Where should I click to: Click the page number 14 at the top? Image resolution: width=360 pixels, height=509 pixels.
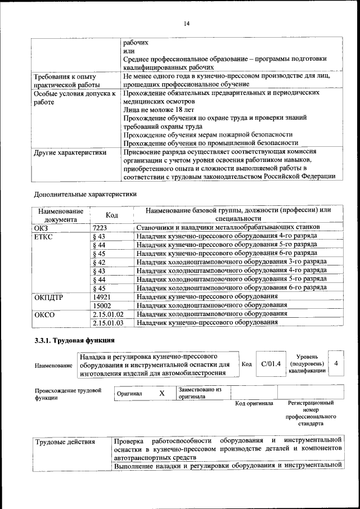187,23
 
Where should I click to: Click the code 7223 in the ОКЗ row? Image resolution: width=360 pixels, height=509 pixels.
99,227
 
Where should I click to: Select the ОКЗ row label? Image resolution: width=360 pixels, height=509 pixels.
42,227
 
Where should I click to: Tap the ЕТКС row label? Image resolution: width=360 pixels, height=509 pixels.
44,237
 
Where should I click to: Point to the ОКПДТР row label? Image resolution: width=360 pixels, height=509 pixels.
49,296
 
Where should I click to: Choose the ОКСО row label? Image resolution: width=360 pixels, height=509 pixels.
44,314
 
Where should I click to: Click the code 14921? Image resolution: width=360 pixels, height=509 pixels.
101,296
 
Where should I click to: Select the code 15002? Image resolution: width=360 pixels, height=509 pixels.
101,305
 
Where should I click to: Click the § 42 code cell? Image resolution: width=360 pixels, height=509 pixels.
98,262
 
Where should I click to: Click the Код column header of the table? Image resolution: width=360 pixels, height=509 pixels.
111,215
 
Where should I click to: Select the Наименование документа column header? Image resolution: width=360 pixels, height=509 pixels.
61,215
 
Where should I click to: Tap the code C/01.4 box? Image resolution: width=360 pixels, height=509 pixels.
270,364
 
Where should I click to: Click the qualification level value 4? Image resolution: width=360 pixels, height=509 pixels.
336,364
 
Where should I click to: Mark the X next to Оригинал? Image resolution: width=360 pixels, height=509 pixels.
161,394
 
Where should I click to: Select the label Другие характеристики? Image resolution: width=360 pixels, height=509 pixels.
70,152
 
